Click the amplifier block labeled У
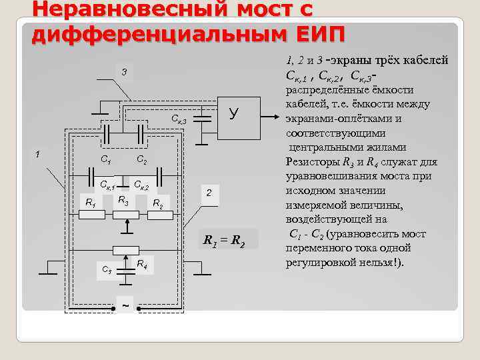tap(233, 114)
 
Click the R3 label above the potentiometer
tap(123, 200)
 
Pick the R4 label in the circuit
tap(142, 265)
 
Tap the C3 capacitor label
tap(107, 269)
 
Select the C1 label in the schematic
tap(105, 159)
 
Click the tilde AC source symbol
tap(125, 306)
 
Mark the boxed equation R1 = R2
tap(224, 241)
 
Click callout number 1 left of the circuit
tap(38, 154)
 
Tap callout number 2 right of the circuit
tap(209, 193)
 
